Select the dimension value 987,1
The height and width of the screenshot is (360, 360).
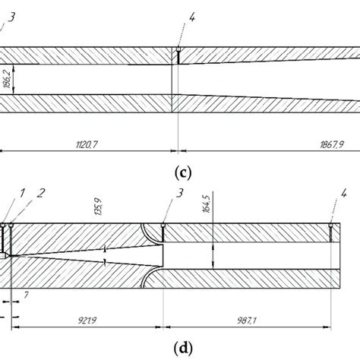tap(248, 321)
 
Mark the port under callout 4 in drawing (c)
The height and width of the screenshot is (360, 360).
tap(176, 55)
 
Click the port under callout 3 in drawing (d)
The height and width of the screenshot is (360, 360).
tap(164, 232)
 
